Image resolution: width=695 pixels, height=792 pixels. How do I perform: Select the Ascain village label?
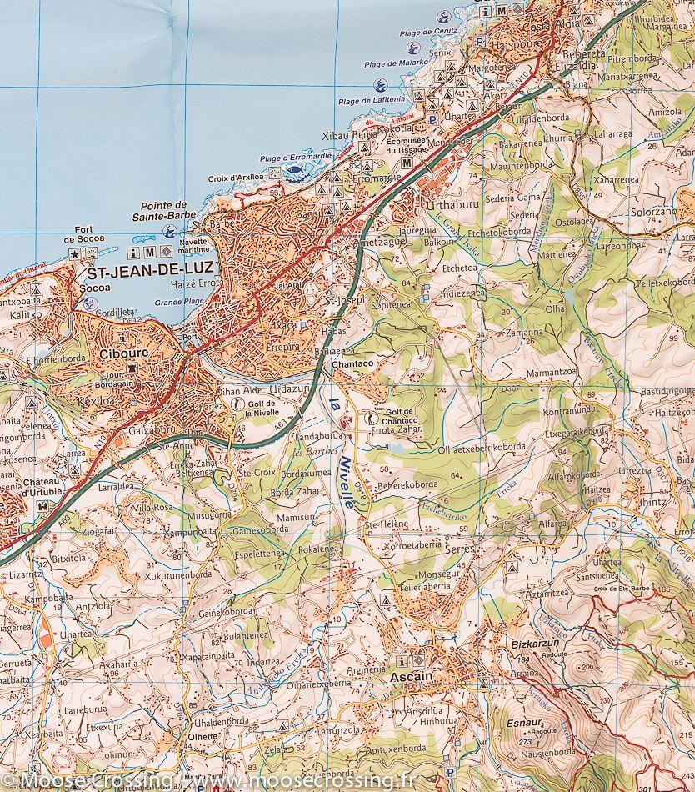[411, 677]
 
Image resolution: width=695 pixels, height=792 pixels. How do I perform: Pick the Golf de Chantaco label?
[401, 420]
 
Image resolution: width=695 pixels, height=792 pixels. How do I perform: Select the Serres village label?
[459, 550]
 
